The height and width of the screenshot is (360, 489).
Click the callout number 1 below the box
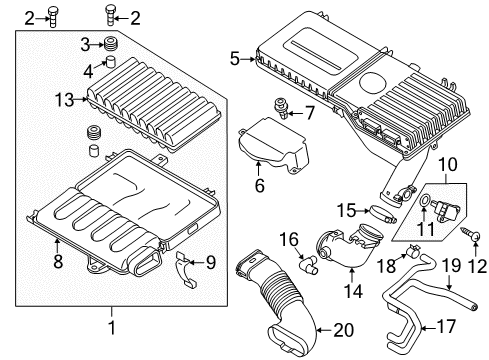click(112, 327)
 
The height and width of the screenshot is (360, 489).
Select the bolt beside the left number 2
click(52, 17)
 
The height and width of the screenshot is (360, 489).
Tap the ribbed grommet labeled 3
click(112, 45)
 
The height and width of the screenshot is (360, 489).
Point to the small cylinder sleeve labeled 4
click(110, 62)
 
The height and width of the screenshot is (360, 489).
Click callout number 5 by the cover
click(235, 59)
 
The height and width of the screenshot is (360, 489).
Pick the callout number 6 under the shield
click(260, 185)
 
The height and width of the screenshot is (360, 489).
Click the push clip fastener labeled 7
click(280, 108)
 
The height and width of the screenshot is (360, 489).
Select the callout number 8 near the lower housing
click(58, 261)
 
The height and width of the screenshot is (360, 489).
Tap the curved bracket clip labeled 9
click(186, 269)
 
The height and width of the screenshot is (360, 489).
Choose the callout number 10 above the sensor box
click(448, 164)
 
